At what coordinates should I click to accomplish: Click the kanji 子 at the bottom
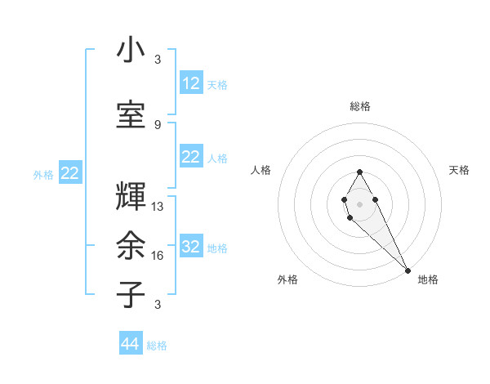pyautogui.click(x=131, y=293)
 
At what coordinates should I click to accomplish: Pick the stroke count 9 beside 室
pyautogui.click(x=158, y=124)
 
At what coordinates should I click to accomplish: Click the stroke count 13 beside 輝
pyautogui.click(x=158, y=208)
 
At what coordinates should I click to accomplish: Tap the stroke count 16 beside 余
pyautogui.click(x=158, y=256)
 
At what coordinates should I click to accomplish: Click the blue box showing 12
pyautogui.click(x=191, y=83)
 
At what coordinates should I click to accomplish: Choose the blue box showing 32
pyautogui.click(x=191, y=248)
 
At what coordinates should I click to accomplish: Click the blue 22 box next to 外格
pyautogui.click(x=70, y=173)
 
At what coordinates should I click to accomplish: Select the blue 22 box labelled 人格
pyautogui.click(x=191, y=157)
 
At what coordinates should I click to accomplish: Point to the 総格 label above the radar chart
pyautogui.click(x=359, y=106)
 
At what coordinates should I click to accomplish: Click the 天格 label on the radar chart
pyautogui.click(x=459, y=170)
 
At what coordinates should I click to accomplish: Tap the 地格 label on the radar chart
pyautogui.click(x=427, y=279)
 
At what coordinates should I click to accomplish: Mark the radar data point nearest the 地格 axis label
pyautogui.click(x=408, y=269)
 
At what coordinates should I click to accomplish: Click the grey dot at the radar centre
pyautogui.click(x=359, y=203)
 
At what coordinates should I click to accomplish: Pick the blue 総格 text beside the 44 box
pyautogui.click(x=157, y=346)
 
